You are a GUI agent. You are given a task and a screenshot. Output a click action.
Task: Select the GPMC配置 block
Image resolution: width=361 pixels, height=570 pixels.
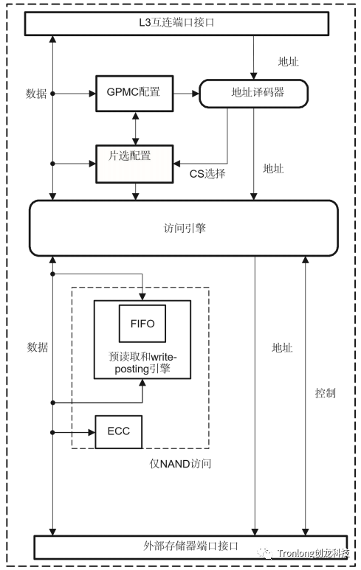pyautogui.click(x=134, y=94)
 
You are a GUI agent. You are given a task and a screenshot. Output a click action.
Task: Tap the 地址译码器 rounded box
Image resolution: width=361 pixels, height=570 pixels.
pyautogui.click(x=253, y=94)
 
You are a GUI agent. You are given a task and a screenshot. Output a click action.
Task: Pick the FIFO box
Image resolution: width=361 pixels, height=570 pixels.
pyautogui.click(x=142, y=322)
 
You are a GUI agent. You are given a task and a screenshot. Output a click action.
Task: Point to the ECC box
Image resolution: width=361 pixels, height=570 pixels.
pyautogui.click(x=118, y=430)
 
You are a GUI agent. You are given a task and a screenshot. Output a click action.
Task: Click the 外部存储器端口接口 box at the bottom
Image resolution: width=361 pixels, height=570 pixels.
pyautogui.click(x=190, y=546)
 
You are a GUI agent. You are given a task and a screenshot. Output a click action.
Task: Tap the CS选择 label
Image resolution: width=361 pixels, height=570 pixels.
pyautogui.click(x=207, y=174)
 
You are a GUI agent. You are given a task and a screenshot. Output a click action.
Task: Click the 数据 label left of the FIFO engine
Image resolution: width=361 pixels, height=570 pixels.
pyautogui.click(x=37, y=346)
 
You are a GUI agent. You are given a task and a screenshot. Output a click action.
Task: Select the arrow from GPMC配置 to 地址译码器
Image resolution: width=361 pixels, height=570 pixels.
pyautogui.click(x=186, y=94)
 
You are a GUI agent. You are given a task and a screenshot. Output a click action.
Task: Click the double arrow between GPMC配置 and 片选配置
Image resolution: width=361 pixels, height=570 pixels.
pyautogui.click(x=134, y=128)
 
